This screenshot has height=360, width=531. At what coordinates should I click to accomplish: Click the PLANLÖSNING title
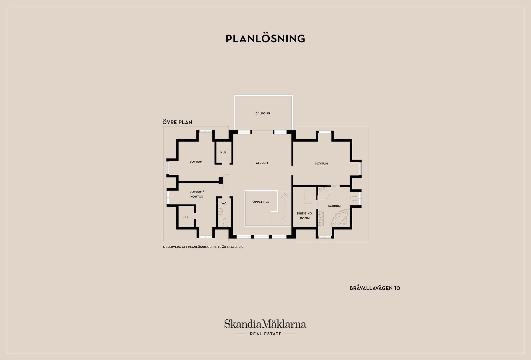click(x=265, y=39)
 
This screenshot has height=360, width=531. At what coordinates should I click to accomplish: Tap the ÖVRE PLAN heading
click(x=177, y=122)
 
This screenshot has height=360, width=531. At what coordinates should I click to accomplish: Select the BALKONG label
click(x=263, y=113)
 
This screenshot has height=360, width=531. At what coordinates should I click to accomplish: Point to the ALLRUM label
click(x=262, y=163)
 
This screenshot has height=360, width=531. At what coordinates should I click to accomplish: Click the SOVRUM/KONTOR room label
click(x=197, y=194)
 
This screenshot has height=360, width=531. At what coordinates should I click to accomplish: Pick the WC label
click(x=224, y=204)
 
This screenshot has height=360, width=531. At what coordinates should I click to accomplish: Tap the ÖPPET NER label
click(x=261, y=202)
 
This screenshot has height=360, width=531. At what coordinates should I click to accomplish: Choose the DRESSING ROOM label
click(x=304, y=216)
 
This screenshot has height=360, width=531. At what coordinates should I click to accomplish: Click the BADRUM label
click(x=334, y=206)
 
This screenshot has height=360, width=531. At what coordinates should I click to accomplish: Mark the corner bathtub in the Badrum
click(x=340, y=218)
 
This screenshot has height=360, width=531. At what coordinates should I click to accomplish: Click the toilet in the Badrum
click(x=355, y=198)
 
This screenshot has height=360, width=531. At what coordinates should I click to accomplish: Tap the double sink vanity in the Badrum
click(x=321, y=218)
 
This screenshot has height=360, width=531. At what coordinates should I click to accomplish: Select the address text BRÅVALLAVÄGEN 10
click(x=375, y=288)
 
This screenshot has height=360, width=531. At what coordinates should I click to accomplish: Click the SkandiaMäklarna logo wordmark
click(x=265, y=324)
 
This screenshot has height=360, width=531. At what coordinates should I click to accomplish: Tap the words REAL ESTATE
click(x=265, y=334)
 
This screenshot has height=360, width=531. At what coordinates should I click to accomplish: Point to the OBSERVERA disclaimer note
click(x=203, y=247)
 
